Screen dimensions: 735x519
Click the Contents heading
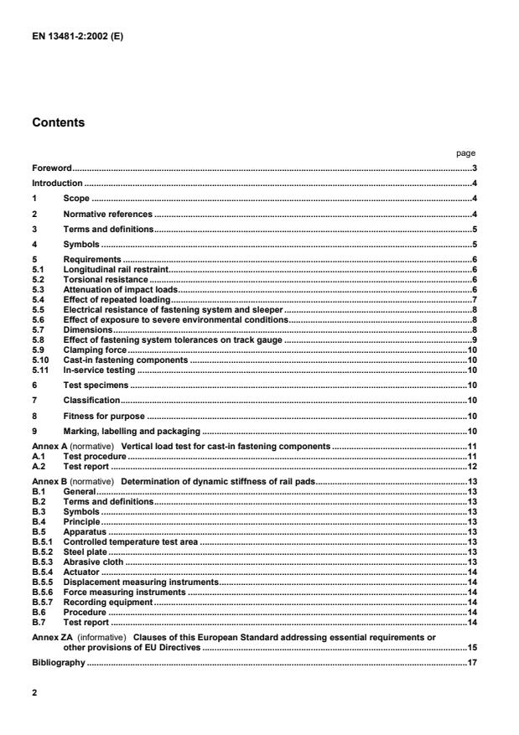tap(58, 122)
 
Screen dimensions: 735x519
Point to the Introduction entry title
tap(57, 183)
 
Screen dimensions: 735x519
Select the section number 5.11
tap(39, 370)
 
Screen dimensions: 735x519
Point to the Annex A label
tap(54, 448)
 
